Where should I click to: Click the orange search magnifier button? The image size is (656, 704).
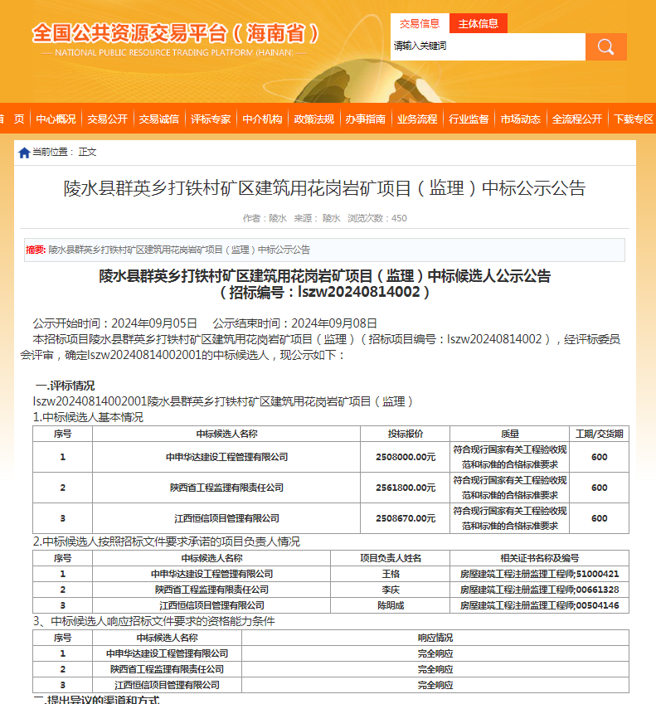pyautogui.click(x=605, y=46)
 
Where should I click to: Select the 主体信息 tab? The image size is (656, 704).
pyautogui.click(x=479, y=23)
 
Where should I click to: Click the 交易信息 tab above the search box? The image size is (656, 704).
pyautogui.click(x=420, y=23)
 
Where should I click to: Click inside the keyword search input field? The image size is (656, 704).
pyautogui.click(x=488, y=46)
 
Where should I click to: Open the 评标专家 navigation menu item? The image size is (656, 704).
pyautogui.click(x=211, y=119)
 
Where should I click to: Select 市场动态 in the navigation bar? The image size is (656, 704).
pyautogui.click(x=520, y=119)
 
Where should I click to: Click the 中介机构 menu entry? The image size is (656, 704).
pyautogui.click(x=262, y=119)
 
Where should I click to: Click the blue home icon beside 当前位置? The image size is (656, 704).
pyautogui.click(x=24, y=153)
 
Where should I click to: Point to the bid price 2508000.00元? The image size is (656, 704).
pyautogui.click(x=406, y=457)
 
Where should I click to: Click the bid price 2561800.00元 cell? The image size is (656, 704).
pyautogui.click(x=406, y=488)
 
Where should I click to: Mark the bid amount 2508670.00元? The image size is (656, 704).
pyautogui.click(x=406, y=518)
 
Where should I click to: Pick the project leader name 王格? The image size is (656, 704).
pyautogui.click(x=391, y=574)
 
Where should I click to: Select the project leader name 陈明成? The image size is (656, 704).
pyautogui.click(x=391, y=605)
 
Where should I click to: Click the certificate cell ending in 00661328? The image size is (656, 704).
pyautogui.click(x=539, y=590)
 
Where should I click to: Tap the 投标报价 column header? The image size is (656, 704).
pyautogui.click(x=406, y=434)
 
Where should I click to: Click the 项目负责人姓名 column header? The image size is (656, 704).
pyautogui.click(x=391, y=558)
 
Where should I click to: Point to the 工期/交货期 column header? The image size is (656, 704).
pyautogui.click(x=600, y=434)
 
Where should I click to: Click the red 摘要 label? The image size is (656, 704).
pyautogui.click(x=36, y=250)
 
